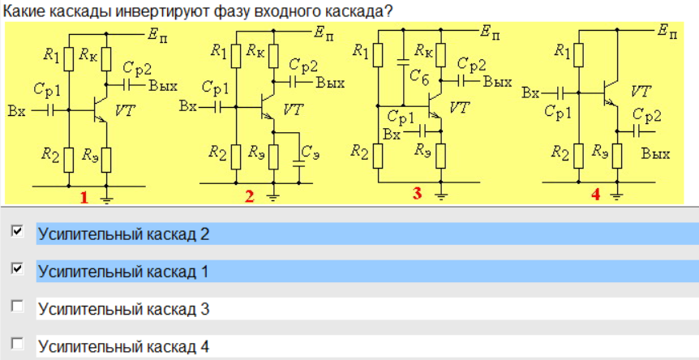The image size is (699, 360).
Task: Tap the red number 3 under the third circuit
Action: coord(417,194)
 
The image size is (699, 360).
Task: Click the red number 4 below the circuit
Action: coord(595,195)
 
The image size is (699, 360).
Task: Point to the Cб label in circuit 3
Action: coord(419,76)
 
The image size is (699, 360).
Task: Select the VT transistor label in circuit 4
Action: coord(641,90)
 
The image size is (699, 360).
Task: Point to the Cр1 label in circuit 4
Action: coord(559,112)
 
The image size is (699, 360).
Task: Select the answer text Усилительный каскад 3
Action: coord(123,309)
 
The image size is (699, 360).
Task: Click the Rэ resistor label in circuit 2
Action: coord(258,151)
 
